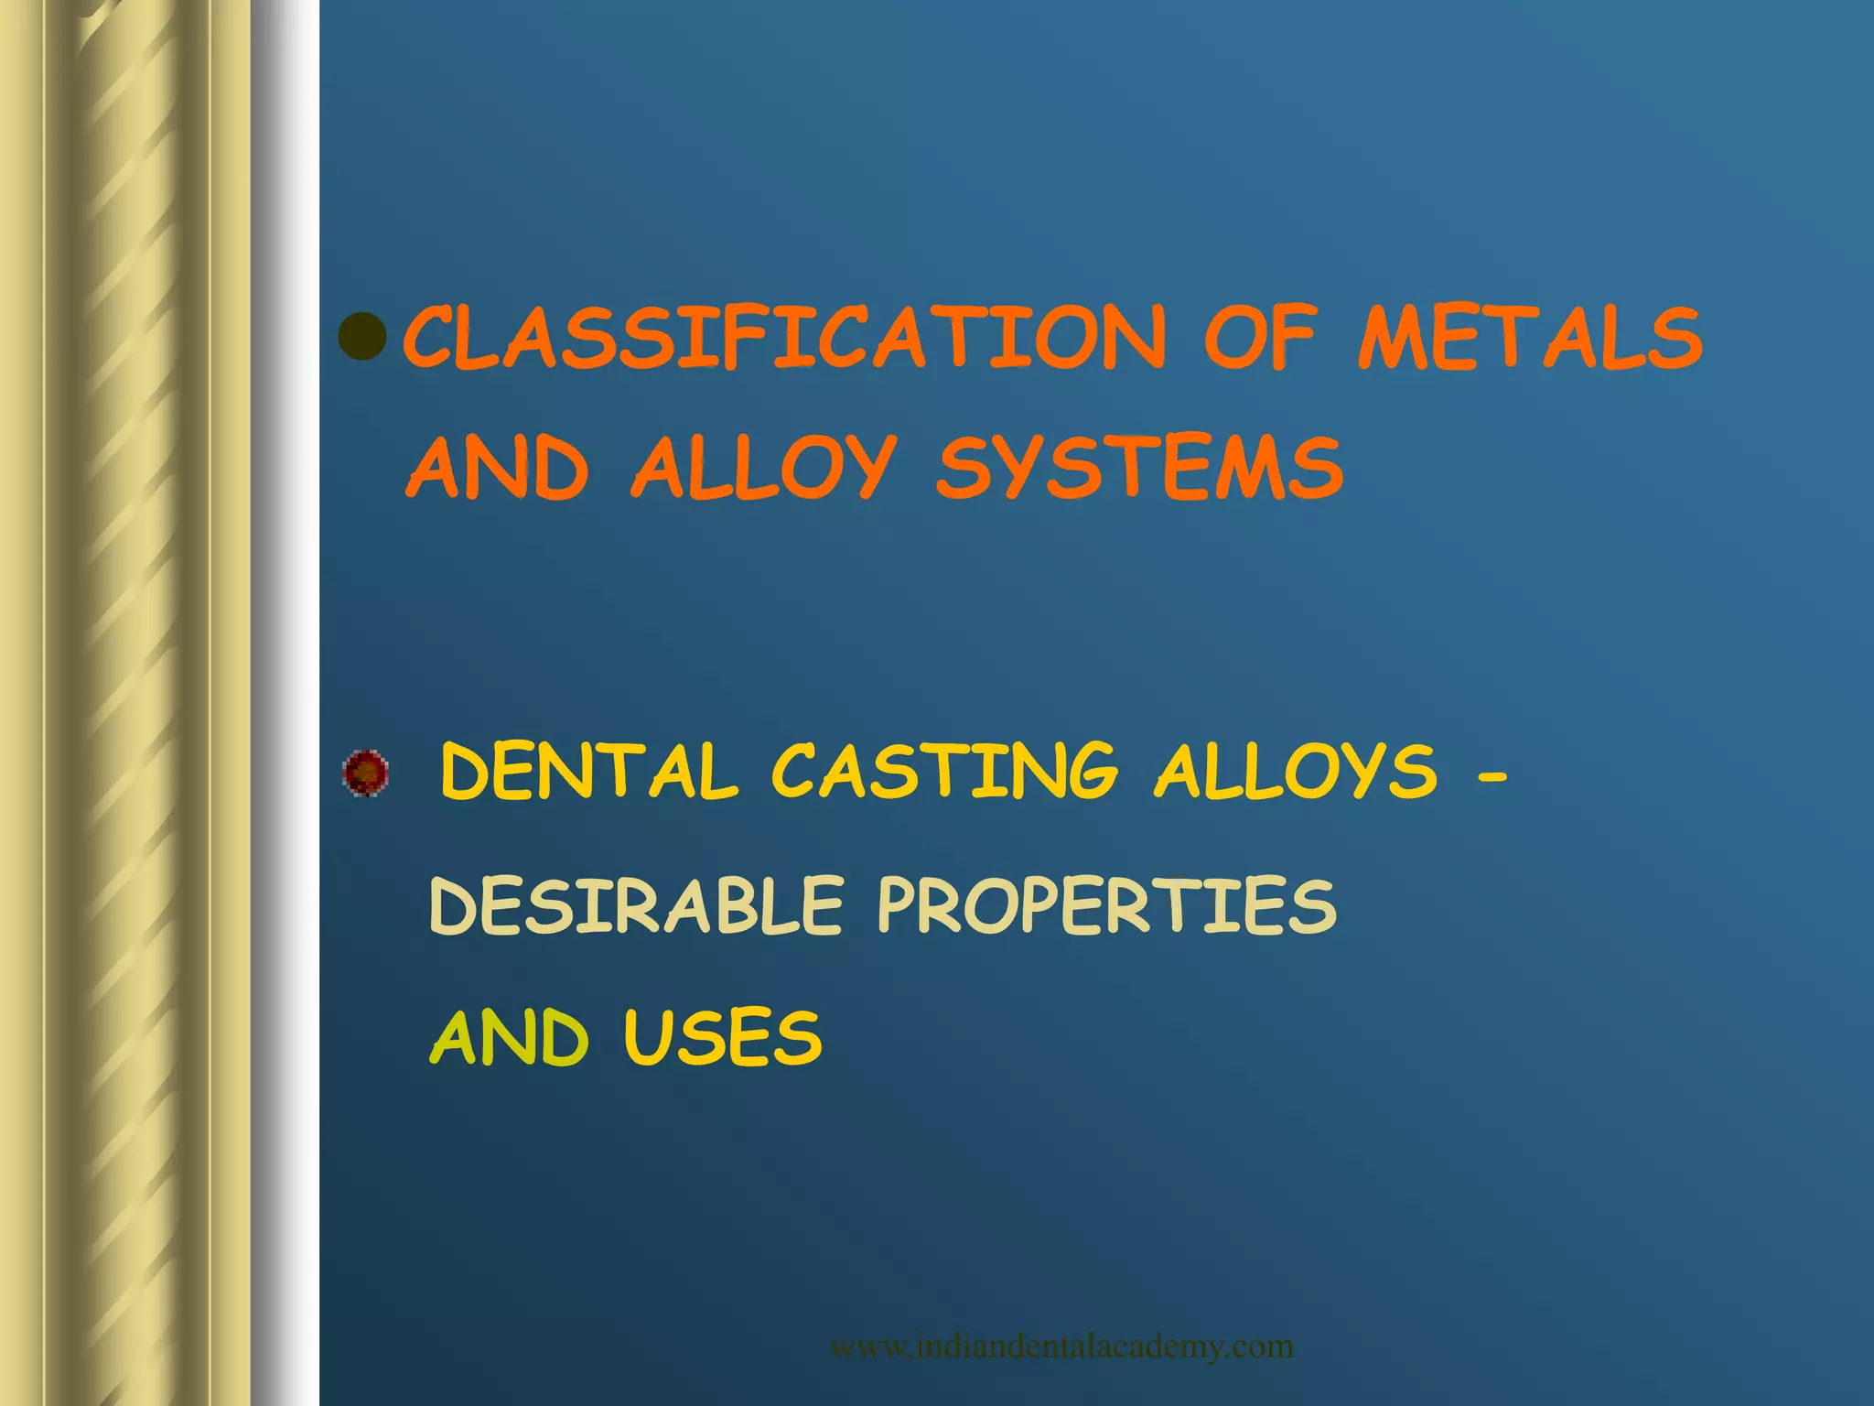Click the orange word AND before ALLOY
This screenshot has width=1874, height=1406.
(x=497, y=468)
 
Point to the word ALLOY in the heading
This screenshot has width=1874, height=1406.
(x=763, y=470)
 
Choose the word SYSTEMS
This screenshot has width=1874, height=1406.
(x=1139, y=468)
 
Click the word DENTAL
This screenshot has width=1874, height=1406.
(x=588, y=772)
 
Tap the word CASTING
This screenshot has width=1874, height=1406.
(x=944, y=772)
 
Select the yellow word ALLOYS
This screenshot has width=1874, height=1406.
(x=1295, y=772)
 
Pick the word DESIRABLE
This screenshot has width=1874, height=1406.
(x=636, y=905)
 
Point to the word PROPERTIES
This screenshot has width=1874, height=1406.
(x=1106, y=905)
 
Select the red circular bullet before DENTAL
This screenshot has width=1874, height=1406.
(x=365, y=773)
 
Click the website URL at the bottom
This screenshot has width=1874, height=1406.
(x=1061, y=1347)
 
